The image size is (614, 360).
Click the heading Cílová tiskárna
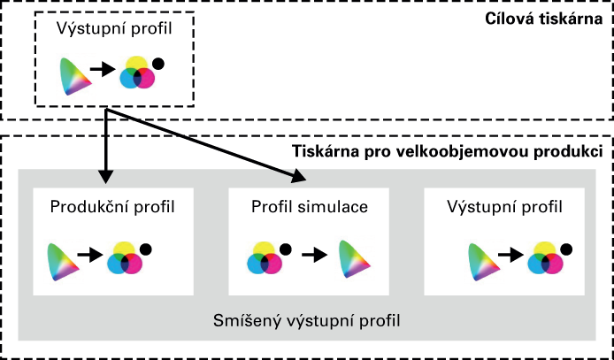[544, 19]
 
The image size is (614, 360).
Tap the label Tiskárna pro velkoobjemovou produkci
[448, 152]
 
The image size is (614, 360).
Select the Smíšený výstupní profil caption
[307, 321]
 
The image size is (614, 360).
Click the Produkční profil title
[112, 207]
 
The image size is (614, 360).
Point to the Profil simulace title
[310, 207]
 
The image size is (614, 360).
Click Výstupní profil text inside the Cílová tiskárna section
[114, 29]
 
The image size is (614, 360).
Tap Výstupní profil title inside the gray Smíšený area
[505, 207]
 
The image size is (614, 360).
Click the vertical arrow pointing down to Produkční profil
[106, 146]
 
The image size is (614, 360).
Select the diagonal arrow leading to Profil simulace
[206, 145]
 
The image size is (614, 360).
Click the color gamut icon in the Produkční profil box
[63, 262]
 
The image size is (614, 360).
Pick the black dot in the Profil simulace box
[286, 249]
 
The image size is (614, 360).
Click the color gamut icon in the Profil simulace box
[354, 259]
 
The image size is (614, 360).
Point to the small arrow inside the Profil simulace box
[314, 256]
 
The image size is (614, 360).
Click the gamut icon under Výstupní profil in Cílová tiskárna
[75, 76]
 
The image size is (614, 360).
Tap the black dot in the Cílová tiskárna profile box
[158, 64]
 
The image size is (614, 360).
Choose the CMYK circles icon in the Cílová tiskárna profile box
[137, 73]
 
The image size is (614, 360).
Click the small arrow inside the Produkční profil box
[90, 256]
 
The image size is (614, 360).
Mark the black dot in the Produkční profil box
[146, 249]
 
